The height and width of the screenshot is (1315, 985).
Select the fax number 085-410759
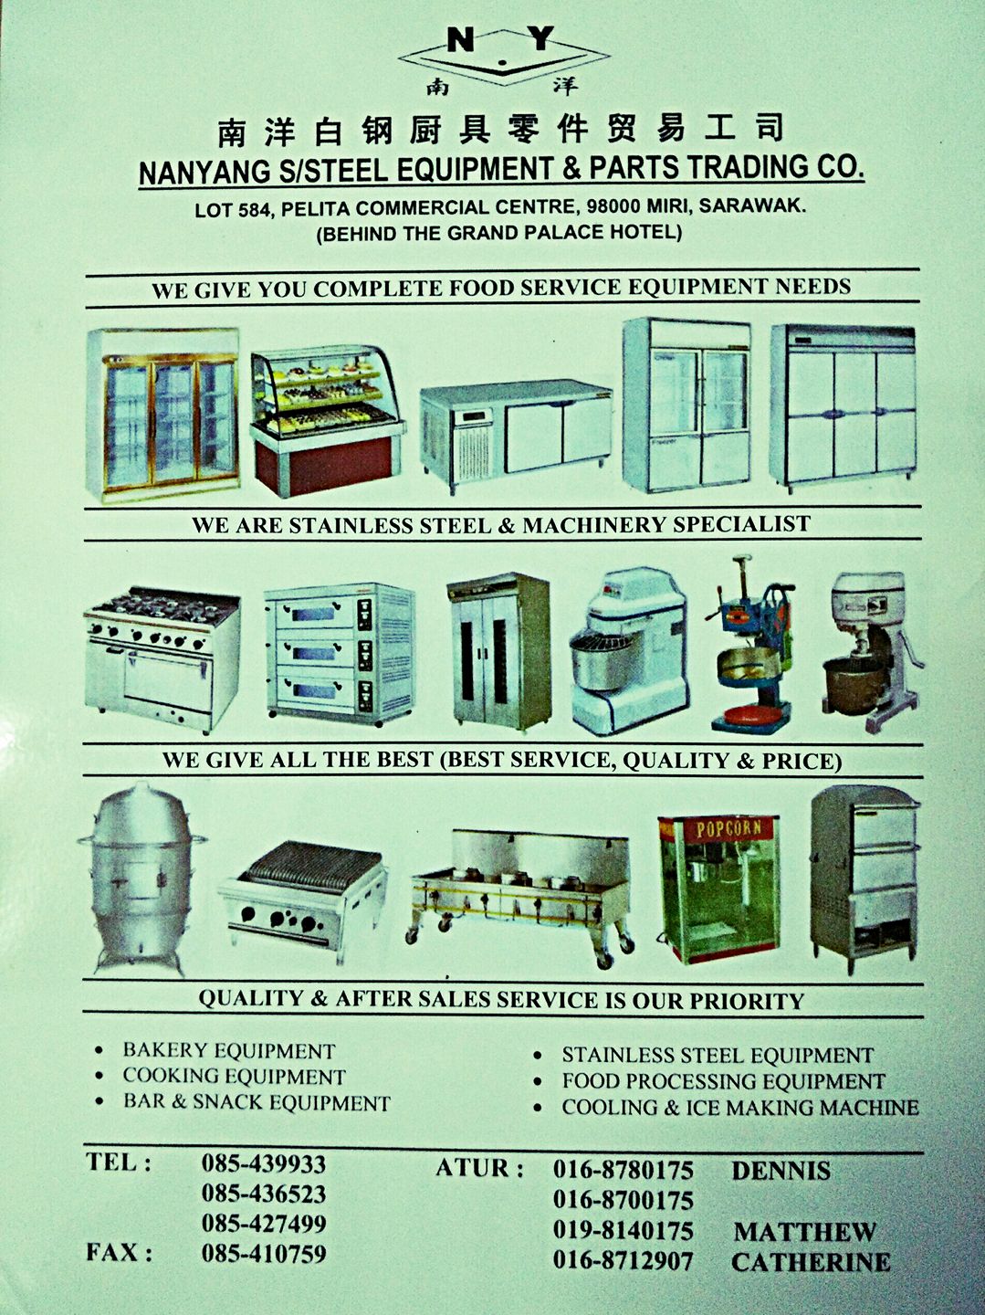click(264, 1253)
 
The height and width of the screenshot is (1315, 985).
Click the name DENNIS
click(781, 1171)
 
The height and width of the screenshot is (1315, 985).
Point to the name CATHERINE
click(811, 1262)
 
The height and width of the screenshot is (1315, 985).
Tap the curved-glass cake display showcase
click(327, 419)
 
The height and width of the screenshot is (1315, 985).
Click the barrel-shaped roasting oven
click(141, 878)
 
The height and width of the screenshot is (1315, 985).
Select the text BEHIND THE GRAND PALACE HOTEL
click(498, 232)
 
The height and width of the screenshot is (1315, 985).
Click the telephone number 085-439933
click(264, 1163)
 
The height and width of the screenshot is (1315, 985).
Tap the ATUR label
click(479, 1168)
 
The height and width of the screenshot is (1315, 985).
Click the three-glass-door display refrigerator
click(162, 415)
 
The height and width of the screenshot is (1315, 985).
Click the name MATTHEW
click(805, 1232)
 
